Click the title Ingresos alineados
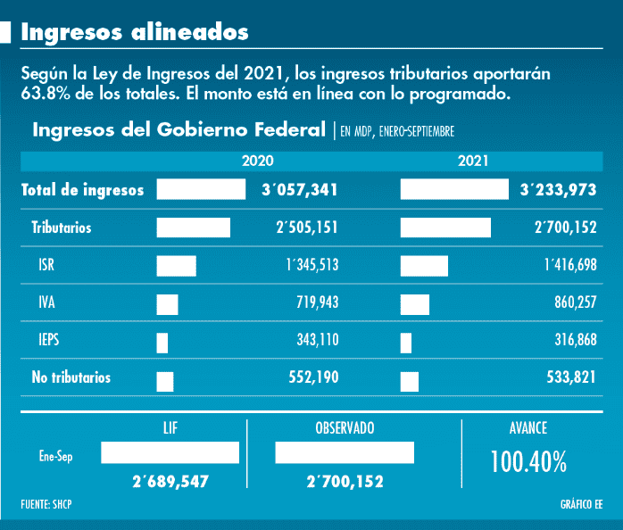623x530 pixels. tap(135, 32)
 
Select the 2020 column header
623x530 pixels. tap(258, 161)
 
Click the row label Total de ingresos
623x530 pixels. tap(82, 190)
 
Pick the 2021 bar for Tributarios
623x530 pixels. tap(445, 228)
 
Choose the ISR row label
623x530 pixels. tap(47, 265)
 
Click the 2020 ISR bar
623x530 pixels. tap(176, 265)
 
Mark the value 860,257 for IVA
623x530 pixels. tap(575, 303)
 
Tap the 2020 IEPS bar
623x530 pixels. tap(162, 342)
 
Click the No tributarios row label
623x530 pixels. tap(71, 377)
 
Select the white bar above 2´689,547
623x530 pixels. tap(170, 453)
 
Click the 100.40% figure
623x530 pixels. tap(528, 461)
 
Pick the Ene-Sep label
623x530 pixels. tap(55, 454)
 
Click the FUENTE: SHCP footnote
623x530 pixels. tap(46, 505)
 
